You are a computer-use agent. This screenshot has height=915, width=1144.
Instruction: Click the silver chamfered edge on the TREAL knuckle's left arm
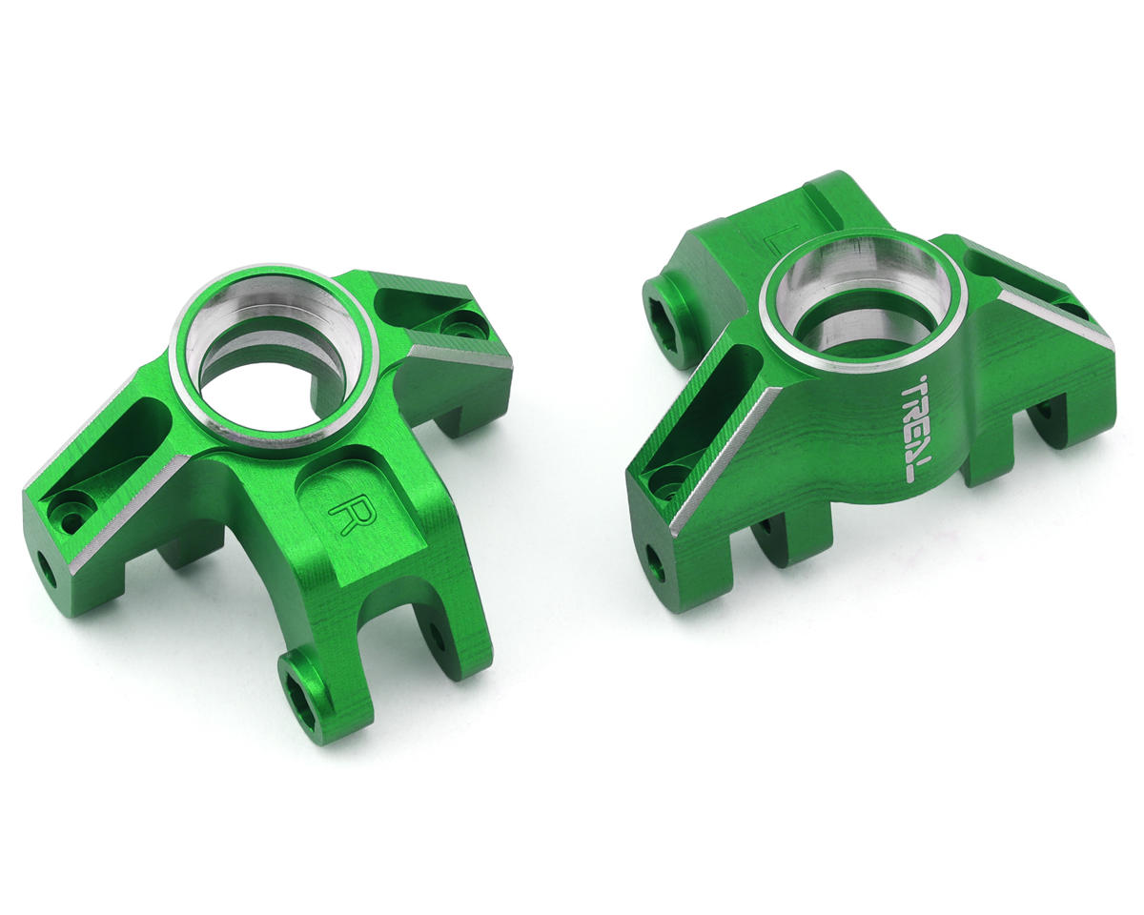pos(725,457)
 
